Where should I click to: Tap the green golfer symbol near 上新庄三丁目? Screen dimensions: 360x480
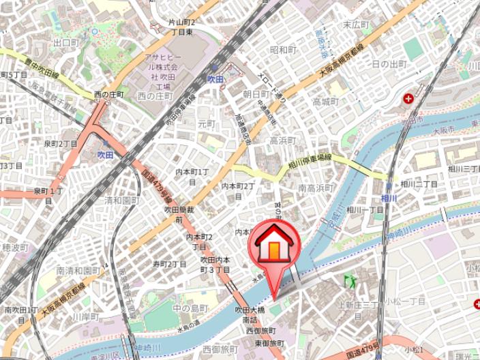[350, 280]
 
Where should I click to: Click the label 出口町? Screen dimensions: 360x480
[66, 42]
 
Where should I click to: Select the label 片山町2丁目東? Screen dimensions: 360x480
[182, 27]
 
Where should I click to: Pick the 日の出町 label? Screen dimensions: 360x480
[389, 64]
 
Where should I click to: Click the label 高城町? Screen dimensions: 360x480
[326, 102]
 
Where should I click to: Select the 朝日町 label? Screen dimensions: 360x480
[256, 93]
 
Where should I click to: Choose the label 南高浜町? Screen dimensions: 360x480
[316, 187]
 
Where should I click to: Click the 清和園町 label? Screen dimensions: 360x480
[122, 201]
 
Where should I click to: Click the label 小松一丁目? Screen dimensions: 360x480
[405, 301]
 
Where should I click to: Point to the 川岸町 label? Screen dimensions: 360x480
[86, 317]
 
